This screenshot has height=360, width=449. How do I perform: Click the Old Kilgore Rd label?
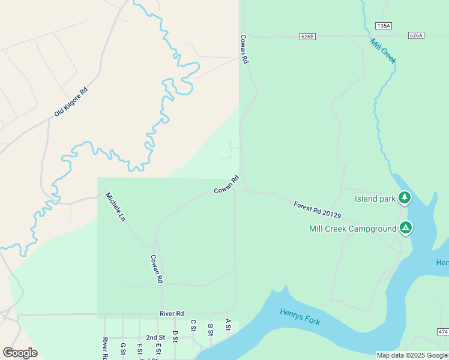[71, 102]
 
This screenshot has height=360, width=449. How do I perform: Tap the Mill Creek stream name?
[383, 51]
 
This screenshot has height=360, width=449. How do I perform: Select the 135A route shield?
[384, 26]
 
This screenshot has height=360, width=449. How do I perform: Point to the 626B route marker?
[307, 37]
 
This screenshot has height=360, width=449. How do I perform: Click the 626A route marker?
[416, 36]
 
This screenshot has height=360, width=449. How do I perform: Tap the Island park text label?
[375, 199]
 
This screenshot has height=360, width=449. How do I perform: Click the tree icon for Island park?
[405, 197]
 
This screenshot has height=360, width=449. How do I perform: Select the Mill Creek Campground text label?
[352, 229]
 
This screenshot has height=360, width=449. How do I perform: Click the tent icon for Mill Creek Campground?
[406, 227]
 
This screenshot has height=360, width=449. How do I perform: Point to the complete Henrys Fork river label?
[300, 316]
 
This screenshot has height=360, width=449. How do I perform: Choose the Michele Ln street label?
[115, 207]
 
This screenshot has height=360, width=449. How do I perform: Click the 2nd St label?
[155, 338]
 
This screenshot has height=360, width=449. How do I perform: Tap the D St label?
[175, 337]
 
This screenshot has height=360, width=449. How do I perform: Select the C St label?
[193, 325]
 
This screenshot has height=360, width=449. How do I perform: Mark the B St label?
[210, 330]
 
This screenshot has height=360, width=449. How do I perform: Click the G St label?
[123, 349]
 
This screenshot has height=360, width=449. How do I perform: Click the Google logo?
[20, 353]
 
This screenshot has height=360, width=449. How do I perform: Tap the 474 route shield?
[442, 332]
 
